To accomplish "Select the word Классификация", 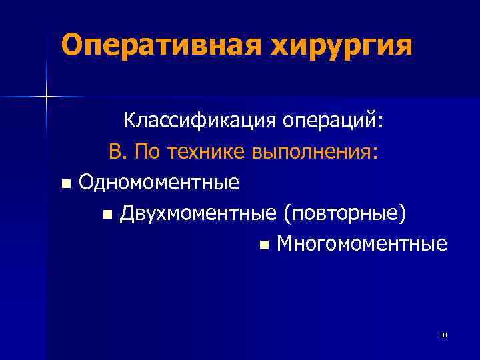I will click(x=199, y=123).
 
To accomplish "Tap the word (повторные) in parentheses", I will click(x=345, y=213).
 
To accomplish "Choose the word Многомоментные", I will click(x=362, y=244).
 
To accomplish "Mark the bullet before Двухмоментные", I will click(x=108, y=215).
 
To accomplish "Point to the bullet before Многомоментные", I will click(x=265, y=245).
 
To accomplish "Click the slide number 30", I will click(x=443, y=335).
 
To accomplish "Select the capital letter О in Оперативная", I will click(x=71, y=45).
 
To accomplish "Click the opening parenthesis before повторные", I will click(x=286, y=213).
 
